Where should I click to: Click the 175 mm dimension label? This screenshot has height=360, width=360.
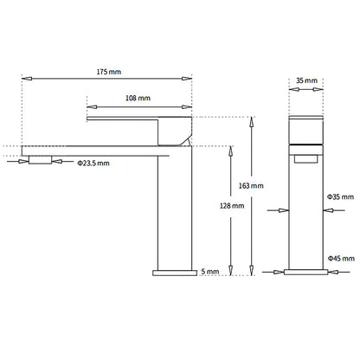click(x=109, y=72)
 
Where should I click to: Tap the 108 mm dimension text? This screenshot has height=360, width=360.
click(x=138, y=98)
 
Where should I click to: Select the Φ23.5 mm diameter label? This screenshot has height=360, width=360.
click(x=93, y=164)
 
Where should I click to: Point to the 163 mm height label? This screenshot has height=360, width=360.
click(x=251, y=186)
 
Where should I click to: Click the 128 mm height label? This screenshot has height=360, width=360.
click(x=232, y=206)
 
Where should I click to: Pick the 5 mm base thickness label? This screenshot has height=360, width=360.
click(x=210, y=272)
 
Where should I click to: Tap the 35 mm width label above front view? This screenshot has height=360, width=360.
click(x=306, y=80)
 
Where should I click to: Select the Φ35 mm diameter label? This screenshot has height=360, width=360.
click(x=340, y=197)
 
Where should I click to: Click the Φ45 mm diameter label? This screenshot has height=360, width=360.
click(x=341, y=258)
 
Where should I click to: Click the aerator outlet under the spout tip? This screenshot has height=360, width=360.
click(x=41, y=159)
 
